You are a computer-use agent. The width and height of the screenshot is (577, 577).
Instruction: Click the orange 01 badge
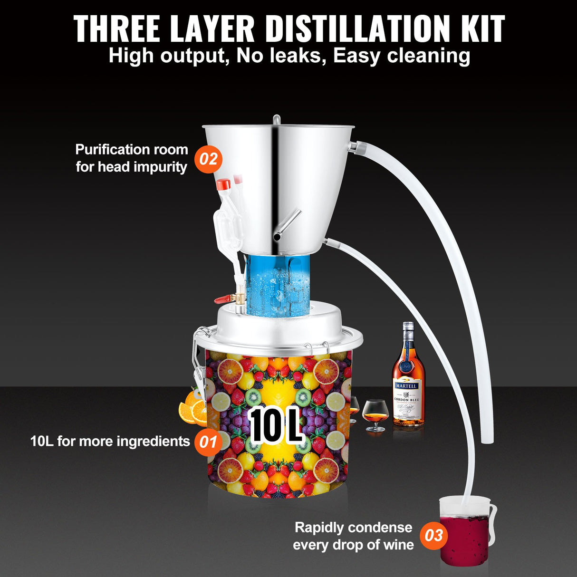(x=208, y=442)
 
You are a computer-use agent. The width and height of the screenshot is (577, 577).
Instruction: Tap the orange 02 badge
(x=208, y=158)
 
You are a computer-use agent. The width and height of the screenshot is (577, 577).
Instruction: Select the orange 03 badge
(x=433, y=536)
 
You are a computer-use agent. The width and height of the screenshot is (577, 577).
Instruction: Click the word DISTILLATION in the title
(x=356, y=29)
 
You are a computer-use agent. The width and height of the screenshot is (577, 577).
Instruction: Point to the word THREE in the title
(x=118, y=29)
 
